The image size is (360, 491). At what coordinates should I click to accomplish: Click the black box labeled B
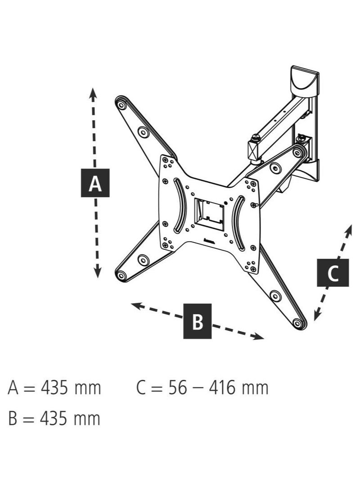tap(198, 321)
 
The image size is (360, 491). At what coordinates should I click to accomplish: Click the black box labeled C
tap(333, 272)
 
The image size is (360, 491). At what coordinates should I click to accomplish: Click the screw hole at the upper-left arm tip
tap(121, 105)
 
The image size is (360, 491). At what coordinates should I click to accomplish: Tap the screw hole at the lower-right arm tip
tap(297, 323)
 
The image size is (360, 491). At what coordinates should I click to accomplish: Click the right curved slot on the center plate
tap(238, 223)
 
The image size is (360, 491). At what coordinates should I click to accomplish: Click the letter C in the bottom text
tap(141, 387)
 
